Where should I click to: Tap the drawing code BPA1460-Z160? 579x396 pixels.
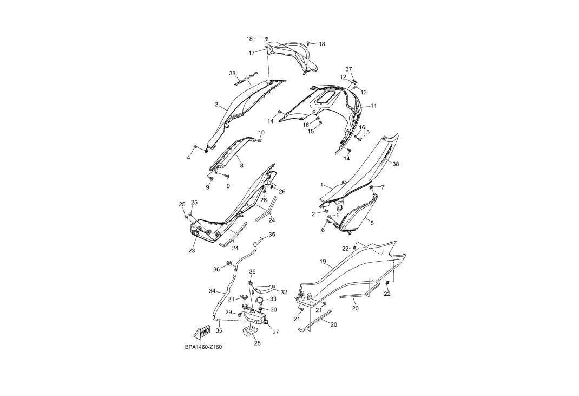point(203,347)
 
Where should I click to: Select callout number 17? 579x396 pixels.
point(252,53)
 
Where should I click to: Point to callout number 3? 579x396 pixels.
point(216,105)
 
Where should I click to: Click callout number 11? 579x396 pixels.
point(374,106)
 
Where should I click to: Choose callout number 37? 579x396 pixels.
point(349,69)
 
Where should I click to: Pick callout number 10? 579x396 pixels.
point(261,132)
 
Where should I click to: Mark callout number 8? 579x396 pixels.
point(241,165)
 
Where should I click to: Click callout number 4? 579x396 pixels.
point(189,158)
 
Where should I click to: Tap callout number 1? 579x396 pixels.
point(321,185)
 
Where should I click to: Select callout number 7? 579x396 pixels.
point(383,187)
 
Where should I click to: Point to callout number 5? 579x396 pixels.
point(372,222)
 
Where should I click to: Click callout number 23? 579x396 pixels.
point(192,251)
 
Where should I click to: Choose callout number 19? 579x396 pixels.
point(323,262)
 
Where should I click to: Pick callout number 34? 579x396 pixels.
point(212,291)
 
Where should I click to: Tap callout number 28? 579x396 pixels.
point(257,343)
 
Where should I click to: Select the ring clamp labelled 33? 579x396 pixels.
point(260,300)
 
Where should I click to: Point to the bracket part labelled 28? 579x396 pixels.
point(251,331)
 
